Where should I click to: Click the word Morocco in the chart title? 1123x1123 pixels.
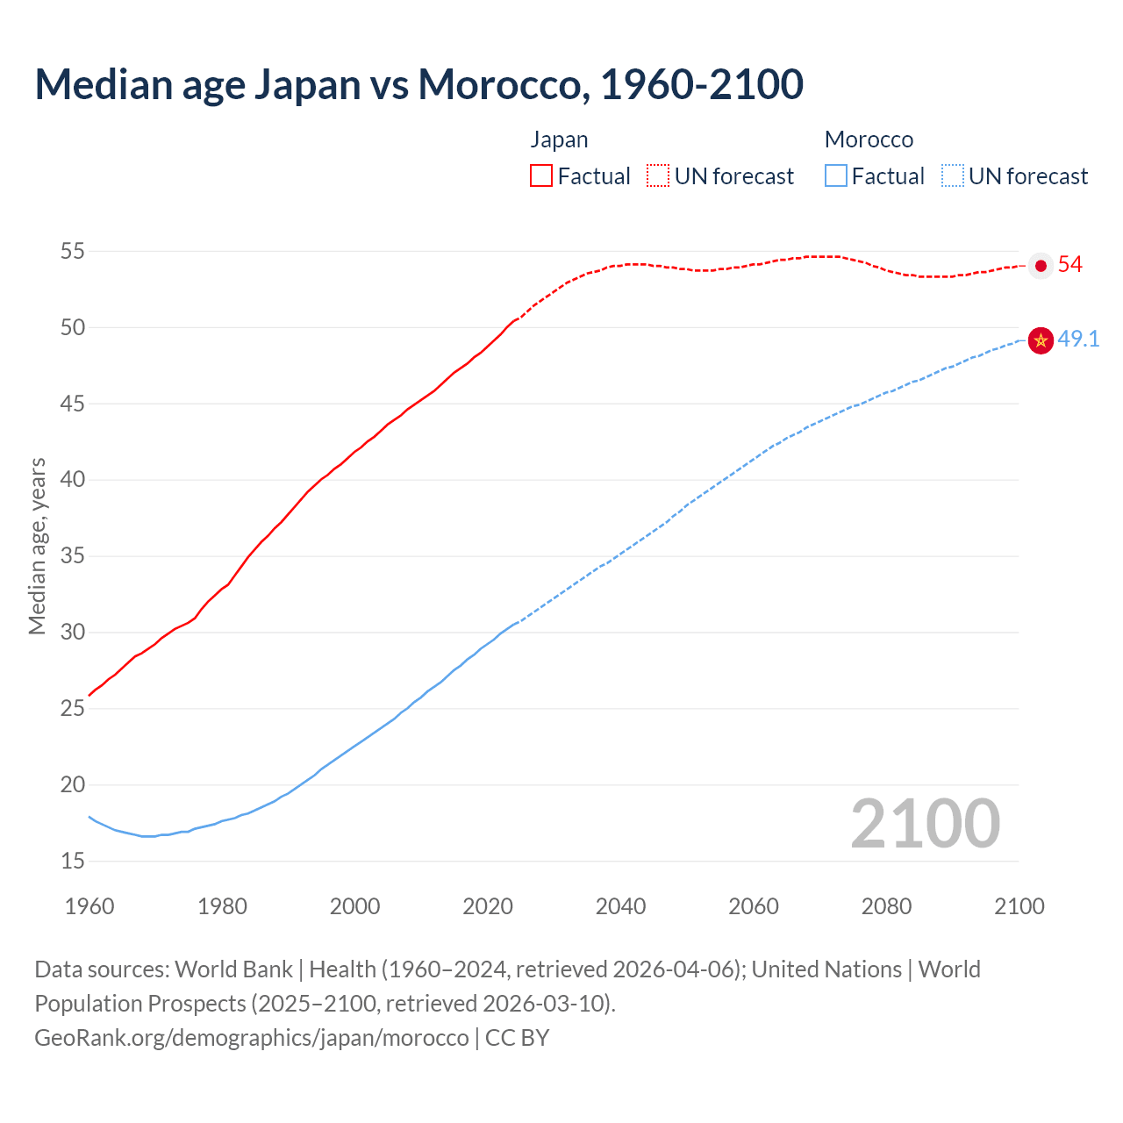pyautogui.click(x=497, y=84)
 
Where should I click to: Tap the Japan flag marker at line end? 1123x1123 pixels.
pyautogui.click(x=1041, y=265)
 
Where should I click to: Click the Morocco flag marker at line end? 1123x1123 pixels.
pyautogui.click(x=1041, y=340)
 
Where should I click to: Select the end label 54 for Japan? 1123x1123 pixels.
pyautogui.click(x=1070, y=265)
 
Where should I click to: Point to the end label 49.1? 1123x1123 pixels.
pyautogui.click(x=1078, y=340)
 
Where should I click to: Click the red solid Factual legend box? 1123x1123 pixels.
pyautogui.click(x=541, y=176)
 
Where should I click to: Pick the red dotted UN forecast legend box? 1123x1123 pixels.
pyautogui.click(x=658, y=176)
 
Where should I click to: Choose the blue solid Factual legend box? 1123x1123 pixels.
pyautogui.click(x=836, y=176)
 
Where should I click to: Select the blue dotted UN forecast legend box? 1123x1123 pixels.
pyautogui.click(x=952, y=176)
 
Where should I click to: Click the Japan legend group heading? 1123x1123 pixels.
pyautogui.click(x=559, y=139)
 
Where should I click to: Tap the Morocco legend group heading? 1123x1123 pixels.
pyautogui.click(x=869, y=139)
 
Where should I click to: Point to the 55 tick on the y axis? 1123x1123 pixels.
pyautogui.click(x=72, y=252)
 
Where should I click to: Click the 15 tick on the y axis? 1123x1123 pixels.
pyautogui.click(x=72, y=862)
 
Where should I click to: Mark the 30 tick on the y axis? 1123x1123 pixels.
pyautogui.click(x=72, y=633)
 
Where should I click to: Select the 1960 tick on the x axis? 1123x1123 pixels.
pyautogui.click(x=89, y=906)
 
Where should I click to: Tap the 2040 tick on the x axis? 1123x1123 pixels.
pyautogui.click(x=620, y=906)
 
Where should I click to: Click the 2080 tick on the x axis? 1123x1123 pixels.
pyautogui.click(x=886, y=906)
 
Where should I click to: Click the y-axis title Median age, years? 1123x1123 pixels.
pyautogui.click(x=37, y=546)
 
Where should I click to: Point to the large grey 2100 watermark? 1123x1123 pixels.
pyautogui.click(x=925, y=823)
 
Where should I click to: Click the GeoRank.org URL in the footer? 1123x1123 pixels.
pyautogui.click(x=252, y=1038)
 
